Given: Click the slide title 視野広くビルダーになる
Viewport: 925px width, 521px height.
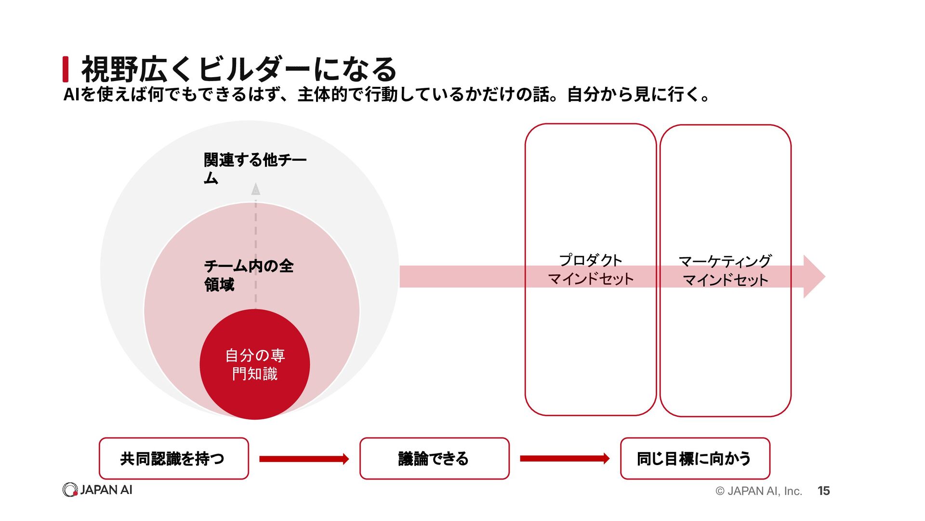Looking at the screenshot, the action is (239, 69).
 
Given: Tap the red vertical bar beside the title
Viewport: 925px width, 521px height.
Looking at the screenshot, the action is (66, 69).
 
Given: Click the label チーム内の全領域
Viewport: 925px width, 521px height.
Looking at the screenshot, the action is (249, 275).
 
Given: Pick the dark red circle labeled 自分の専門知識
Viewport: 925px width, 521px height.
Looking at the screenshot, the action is (255, 364).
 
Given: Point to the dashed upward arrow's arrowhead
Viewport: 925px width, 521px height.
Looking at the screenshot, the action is (256, 189).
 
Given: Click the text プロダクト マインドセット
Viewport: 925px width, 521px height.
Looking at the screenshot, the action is (591, 269).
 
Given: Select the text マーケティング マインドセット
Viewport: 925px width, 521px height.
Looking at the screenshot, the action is (725, 271).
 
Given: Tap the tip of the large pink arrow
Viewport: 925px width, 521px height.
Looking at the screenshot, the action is (825, 276).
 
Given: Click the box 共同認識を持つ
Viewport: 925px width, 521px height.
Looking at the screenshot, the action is (174, 458).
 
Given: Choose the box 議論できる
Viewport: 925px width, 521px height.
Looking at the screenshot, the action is (435, 458).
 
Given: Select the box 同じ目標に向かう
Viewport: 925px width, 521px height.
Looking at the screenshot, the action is (695, 458).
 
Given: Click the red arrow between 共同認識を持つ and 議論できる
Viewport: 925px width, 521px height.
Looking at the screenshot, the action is (304, 459).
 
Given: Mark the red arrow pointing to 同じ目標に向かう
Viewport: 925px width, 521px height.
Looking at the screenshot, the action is (565, 458).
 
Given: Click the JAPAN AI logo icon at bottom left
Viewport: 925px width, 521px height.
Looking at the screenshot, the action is (70, 490).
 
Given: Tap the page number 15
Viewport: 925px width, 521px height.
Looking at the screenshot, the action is (823, 491).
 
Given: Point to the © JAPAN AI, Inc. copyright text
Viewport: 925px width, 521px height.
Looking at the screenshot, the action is (759, 491).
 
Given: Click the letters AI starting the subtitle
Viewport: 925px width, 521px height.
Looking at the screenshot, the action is (71, 95).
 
